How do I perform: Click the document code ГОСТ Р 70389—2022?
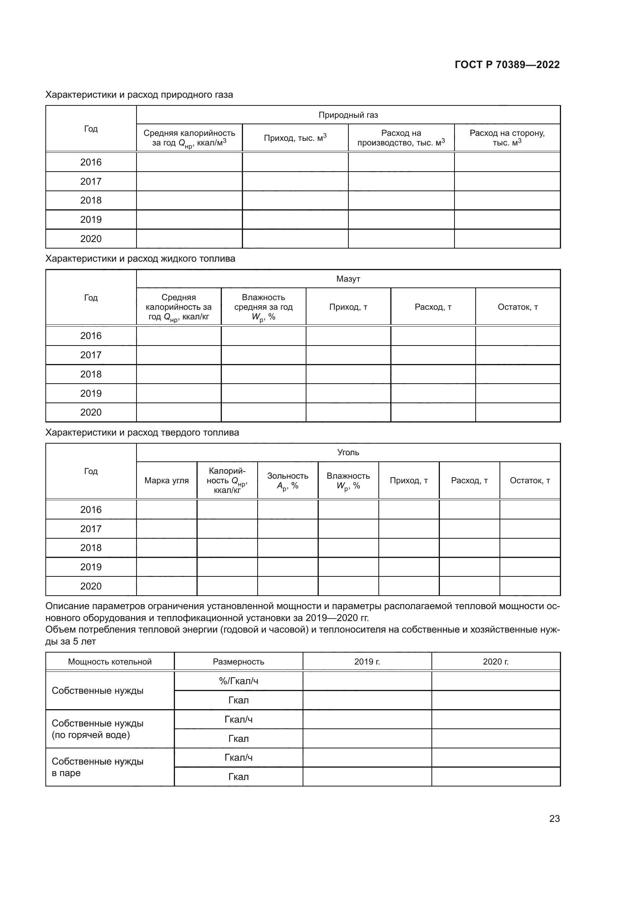[x=507, y=65]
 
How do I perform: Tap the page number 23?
[x=554, y=818]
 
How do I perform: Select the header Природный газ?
[x=348, y=115]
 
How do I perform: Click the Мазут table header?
[x=348, y=279]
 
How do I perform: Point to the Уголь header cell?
[x=348, y=453]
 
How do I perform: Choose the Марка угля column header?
[x=166, y=481]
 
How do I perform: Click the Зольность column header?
[x=288, y=481]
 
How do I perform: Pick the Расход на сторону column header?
[x=507, y=138]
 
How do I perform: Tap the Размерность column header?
[x=238, y=662]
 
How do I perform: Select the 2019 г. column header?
[x=367, y=662]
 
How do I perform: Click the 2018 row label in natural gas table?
[x=91, y=200]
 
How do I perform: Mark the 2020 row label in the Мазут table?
[x=91, y=412]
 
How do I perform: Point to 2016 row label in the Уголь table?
[x=91, y=509]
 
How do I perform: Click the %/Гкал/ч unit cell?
[x=238, y=681]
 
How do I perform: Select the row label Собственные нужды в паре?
[x=98, y=767]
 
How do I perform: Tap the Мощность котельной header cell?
[x=110, y=662]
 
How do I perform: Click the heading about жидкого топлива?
[x=140, y=259]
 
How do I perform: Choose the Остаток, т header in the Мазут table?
[x=517, y=307]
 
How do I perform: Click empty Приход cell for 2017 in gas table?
[x=295, y=182]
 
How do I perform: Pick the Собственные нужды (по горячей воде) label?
[x=98, y=729]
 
